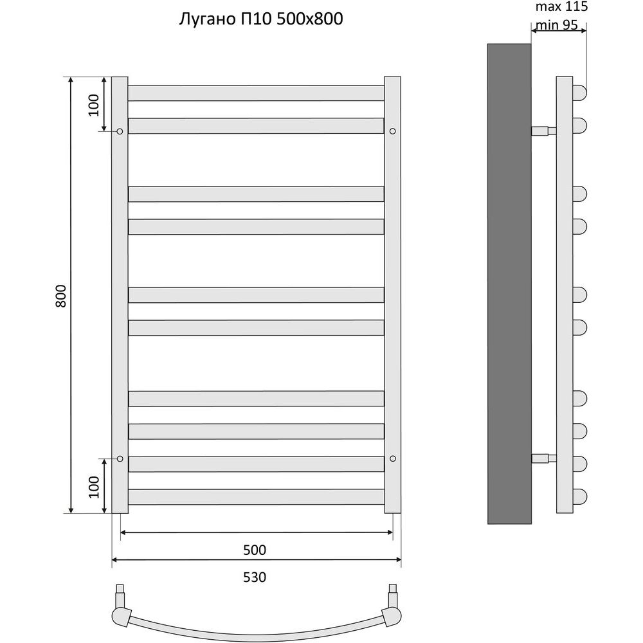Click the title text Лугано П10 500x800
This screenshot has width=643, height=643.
click(x=261, y=19)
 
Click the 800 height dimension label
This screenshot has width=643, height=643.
click(x=60, y=296)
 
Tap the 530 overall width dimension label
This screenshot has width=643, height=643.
click(x=255, y=577)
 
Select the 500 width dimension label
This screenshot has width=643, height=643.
click(x=255, y=550)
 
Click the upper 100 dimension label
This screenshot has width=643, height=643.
click(x=94, y=105)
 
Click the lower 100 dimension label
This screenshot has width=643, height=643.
click(x=94, y=487)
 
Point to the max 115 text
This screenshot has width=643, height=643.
click(x=561, y=6)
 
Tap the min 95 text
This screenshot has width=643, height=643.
click(x=556, y=25)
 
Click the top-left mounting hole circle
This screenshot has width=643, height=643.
click(x=120, y=131)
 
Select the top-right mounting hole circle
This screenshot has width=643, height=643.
click(x=392, y=131)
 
